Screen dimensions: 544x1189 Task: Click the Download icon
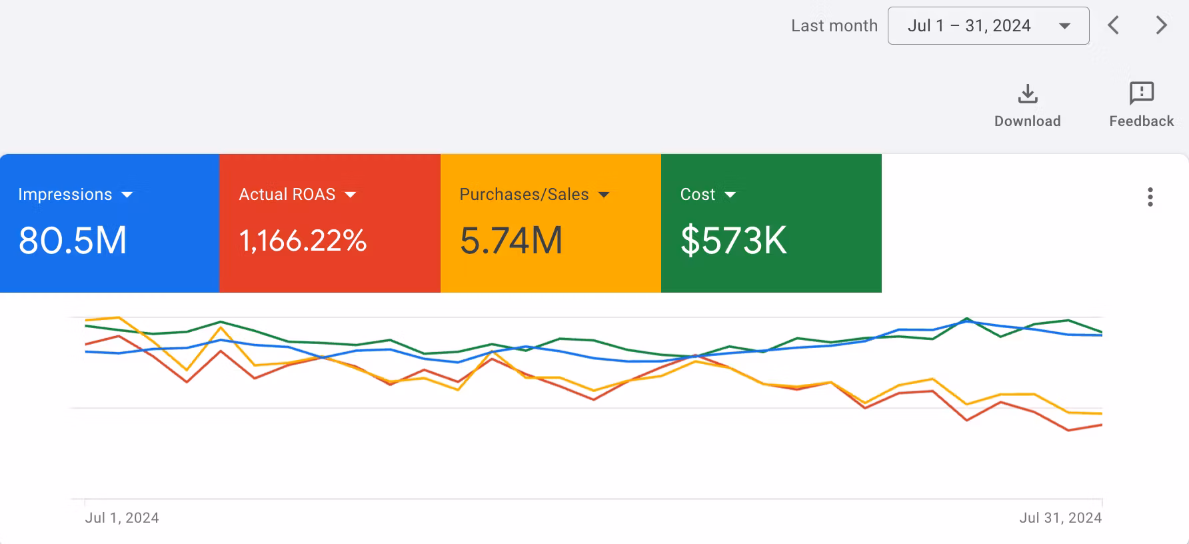(1028, 94)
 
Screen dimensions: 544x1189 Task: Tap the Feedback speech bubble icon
(1142, 93)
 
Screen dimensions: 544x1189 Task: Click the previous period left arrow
(1113, 26)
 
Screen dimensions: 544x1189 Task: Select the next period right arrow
(1162, 26)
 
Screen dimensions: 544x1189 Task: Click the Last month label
(834, 26)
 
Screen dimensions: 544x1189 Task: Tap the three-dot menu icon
(1150, 197)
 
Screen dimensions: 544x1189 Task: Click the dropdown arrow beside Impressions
(127, 195)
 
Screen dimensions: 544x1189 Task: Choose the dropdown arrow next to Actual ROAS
(351, 195)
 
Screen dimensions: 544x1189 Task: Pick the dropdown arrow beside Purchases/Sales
(604, 195)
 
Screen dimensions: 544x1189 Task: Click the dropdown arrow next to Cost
(730, 195)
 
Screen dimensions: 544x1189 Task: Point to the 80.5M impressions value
(73, 241)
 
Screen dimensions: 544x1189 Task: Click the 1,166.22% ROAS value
(303, 241)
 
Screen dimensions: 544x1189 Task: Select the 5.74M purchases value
(511, 241)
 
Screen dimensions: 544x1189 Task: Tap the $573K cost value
(733, 241)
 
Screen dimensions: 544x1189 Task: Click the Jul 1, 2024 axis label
(122, 518)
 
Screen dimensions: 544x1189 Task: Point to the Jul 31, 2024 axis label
(1060, 518)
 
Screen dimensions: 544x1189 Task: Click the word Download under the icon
(1028, 121)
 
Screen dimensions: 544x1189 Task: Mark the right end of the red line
(1101, 425)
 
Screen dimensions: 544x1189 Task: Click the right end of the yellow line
(1101, 414)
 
